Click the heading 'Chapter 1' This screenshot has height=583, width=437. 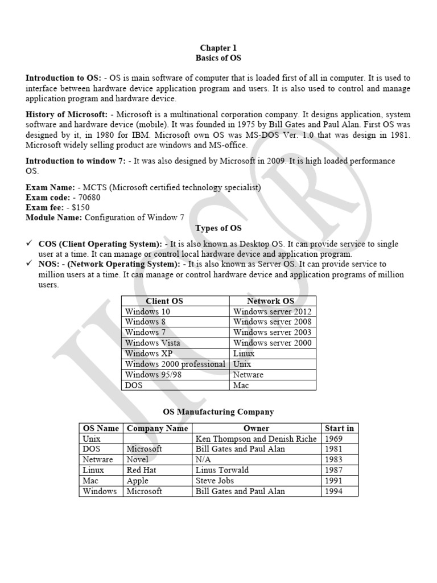click(218, 48)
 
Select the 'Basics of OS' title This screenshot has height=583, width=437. click(218, 58)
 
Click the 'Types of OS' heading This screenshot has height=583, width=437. click(218, 228)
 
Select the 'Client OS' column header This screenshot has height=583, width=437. click(164, 301)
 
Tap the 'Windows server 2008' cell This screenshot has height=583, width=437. click(272, 322)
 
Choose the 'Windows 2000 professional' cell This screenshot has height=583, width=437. click(175, 364)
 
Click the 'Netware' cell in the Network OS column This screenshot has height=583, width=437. click(248, 375)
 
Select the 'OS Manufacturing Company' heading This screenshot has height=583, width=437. click(218, 412)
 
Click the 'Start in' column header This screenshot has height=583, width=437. click(339, 428)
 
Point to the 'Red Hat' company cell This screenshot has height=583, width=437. click(141, 470)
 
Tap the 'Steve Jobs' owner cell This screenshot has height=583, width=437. click(215, 481)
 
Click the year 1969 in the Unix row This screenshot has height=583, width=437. click(333, 439)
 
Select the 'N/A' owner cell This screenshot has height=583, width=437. click(203, 459)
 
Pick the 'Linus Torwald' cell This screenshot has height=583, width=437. click(222, 470)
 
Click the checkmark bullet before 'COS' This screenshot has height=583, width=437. click(30, 244)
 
